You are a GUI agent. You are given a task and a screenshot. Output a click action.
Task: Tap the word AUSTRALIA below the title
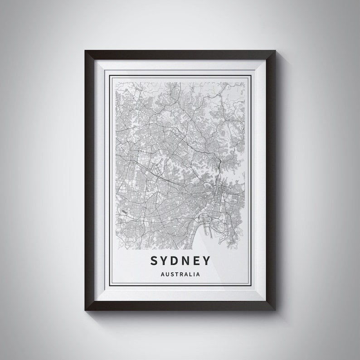pyautogui.click(x=180, y=273)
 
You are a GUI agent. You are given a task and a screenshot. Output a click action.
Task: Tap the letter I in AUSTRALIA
pyautogui.click(x=195, y=273)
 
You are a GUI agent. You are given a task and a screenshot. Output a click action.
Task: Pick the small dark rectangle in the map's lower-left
pyautogui.click(x=125, y=210)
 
